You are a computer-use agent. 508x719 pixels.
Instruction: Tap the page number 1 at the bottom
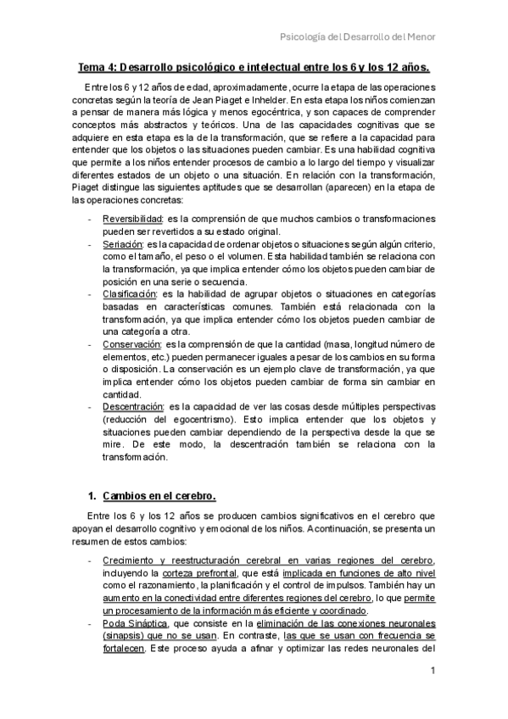tap(433, 672)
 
